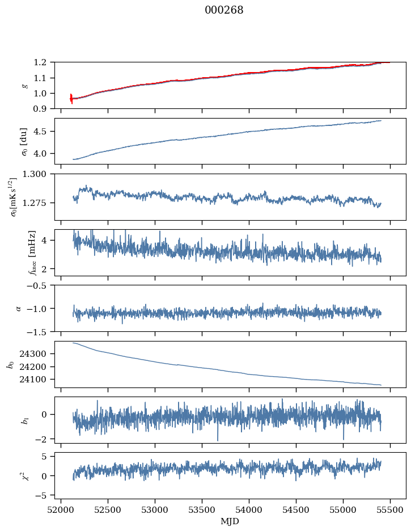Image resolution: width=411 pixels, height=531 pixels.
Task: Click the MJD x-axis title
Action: (x=230, y=521)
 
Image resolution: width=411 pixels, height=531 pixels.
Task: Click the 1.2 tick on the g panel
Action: (x=44, y=62)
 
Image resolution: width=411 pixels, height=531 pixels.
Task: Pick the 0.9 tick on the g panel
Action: (x=44, y=109)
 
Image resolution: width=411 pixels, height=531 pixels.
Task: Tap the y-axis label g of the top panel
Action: (x=24, y=85)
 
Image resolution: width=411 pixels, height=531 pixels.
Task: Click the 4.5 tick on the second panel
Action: (x=44, y=132)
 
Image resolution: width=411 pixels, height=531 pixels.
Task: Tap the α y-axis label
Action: (x=19, y=308)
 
